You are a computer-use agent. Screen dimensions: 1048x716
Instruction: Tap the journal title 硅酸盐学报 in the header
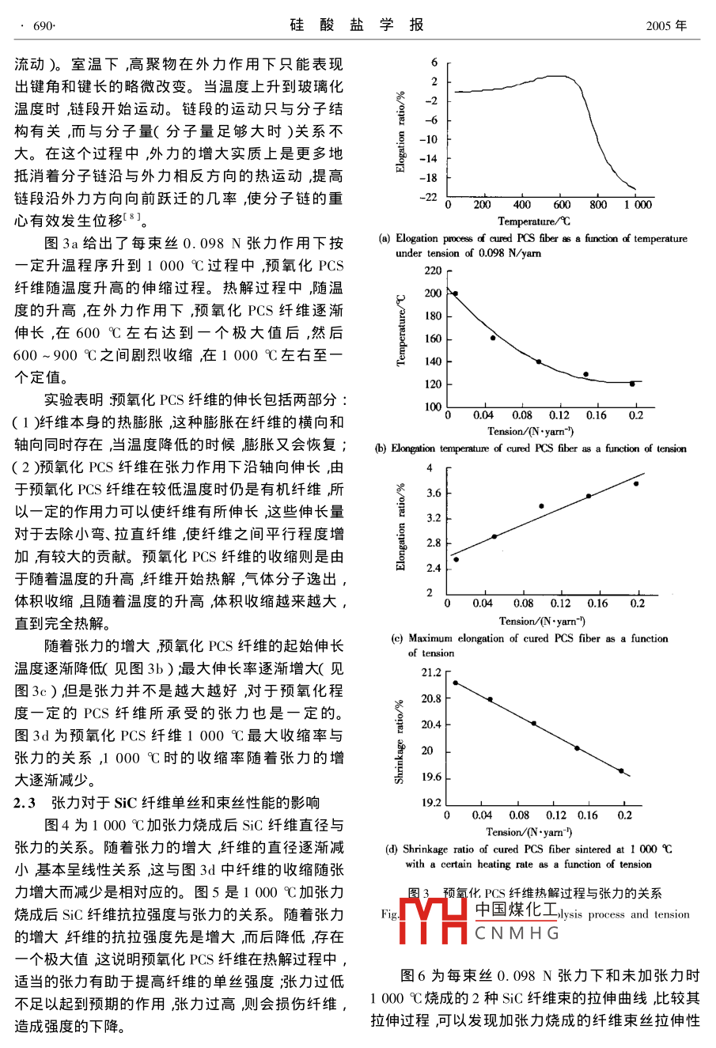point(357,25)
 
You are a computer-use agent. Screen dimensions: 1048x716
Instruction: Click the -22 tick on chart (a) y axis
point(430,196)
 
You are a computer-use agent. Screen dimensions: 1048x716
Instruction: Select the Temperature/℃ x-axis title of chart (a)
point(534,221)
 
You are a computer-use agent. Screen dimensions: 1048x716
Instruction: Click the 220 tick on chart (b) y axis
point(433,271)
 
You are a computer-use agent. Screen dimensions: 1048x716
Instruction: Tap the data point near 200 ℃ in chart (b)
point(455,293)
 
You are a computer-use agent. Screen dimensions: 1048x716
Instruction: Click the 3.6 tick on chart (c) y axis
point(434,494)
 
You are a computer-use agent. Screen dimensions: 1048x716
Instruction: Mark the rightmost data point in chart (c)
point(636,483)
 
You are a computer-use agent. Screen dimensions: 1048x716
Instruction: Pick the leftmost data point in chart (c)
point(456,559)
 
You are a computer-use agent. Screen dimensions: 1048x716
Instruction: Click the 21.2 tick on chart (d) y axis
point(431,673)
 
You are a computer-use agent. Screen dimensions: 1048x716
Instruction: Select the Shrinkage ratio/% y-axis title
point(400,741)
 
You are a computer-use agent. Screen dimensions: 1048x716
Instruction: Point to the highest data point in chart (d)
point(455,683)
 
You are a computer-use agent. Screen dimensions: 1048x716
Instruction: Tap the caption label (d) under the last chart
point(391,849)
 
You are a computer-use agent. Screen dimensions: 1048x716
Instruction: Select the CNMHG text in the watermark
point(517,934)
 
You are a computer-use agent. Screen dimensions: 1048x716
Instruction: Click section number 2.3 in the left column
point(25,803)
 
